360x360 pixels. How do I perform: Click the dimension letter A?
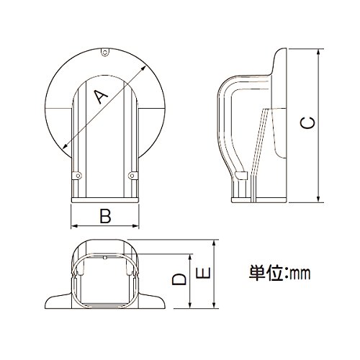point(101,96)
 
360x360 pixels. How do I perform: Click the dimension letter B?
point(105,216)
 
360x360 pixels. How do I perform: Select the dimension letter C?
point(307,123)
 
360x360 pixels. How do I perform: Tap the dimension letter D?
point(179,279)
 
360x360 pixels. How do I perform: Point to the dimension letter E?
point(203,273)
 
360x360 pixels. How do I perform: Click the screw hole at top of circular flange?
point(104,52)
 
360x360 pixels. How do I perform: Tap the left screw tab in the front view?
point(77,176)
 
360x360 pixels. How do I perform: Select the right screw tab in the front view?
point(133,176)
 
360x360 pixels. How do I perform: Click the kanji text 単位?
point(266,273)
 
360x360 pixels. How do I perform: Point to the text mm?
point(300,274)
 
